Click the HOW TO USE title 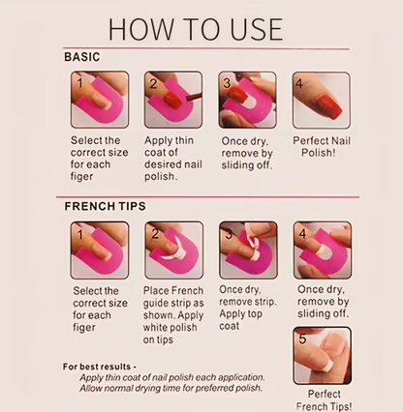[x=196, y=29]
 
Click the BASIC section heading [x=82, y=57]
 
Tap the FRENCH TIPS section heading [x=105, y=206]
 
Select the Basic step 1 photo [x=100, y=100]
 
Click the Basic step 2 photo [x=173, y=100]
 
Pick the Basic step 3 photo [x=247, y=100]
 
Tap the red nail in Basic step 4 [x=329, y=105]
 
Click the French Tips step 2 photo [x=174, y=250]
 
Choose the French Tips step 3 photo [x=248, y=250]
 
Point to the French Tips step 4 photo [x=323, y=250]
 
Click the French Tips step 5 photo [x=323, y=356]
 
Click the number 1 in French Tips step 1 [x=80, y=234]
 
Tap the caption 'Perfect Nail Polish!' [x=322, y=147]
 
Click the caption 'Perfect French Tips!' [x=324, y=400]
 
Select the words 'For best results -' [x=100, y=367]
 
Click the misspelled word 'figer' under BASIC [x=81, y=177]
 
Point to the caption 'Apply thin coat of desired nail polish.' [x=173, y=159]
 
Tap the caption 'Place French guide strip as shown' [x=173, y=303]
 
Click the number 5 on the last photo [x=302, y=338]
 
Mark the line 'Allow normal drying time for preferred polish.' [x=170, y=388]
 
